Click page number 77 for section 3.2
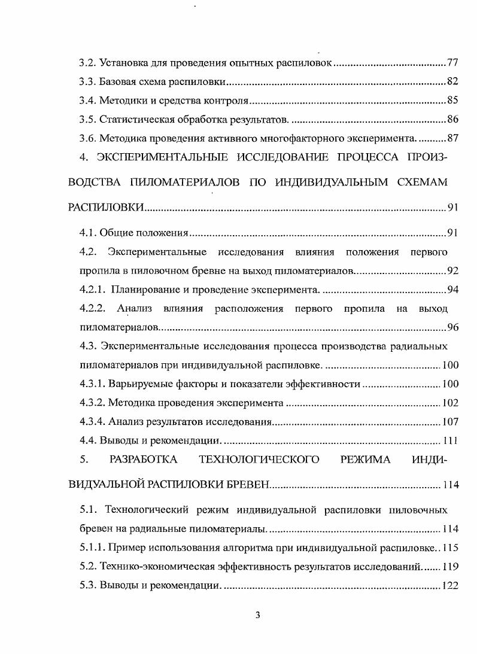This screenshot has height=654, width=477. tap(452, 63)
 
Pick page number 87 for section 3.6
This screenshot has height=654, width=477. tap(452, 139)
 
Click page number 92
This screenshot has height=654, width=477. tap(452, 270)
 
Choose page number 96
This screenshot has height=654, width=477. tap(452, 327)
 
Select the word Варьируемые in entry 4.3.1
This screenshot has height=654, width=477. tap(137, 384)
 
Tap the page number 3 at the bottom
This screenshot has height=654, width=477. tap(257, 616)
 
